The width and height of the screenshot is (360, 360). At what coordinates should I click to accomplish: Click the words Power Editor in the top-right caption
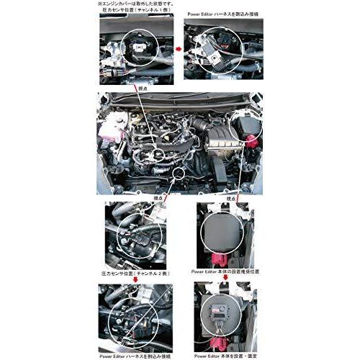(x=202, y=13)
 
